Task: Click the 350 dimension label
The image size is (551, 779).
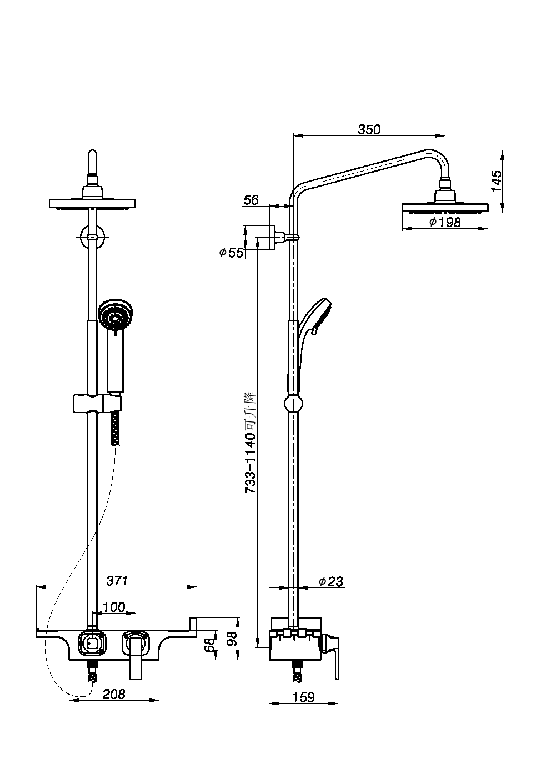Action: click(369, 129)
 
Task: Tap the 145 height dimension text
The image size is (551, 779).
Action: click(497, 180)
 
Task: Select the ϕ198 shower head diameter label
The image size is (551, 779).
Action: click(445, 222)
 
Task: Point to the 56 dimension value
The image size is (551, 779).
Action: click(251, 200)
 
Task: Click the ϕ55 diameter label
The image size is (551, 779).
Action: click(231, 253)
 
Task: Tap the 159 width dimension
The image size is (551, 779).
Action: click(303, 697)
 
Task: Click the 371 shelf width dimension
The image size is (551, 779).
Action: click(117, 580)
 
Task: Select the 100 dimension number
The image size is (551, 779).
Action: click(114, 607)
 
